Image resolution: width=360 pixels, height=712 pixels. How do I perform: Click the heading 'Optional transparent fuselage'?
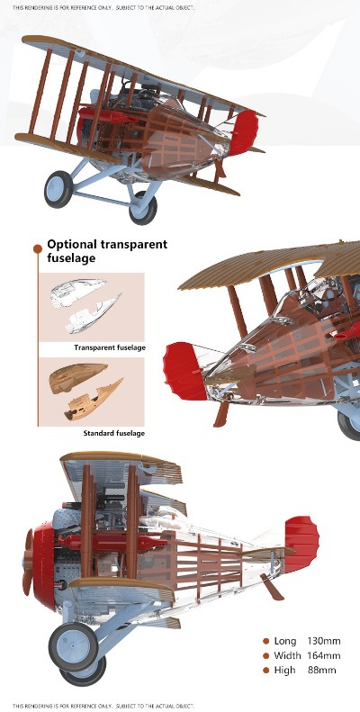click(107, 250)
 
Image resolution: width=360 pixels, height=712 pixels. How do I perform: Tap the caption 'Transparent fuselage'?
click(110, 347)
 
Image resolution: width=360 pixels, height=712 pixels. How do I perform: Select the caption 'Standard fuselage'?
click(114, 433)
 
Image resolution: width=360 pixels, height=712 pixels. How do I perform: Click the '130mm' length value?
click(324, 641)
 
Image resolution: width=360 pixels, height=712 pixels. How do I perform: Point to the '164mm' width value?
click(324, 655)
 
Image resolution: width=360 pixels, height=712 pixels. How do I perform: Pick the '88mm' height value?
click(322, 670)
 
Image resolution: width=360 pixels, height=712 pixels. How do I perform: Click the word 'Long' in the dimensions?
click(284, 641)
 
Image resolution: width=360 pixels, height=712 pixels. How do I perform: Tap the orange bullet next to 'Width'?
click(266, 655)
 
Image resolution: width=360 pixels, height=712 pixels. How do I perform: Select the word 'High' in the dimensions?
click(284, 671)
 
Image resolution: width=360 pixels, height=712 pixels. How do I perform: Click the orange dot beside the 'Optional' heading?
click(38, 248)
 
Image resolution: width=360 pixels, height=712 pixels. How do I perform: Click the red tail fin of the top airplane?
click(244, 132)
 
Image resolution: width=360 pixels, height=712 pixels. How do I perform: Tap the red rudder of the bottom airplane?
click(301, 544)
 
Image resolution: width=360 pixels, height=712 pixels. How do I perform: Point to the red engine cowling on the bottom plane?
click(44, 564)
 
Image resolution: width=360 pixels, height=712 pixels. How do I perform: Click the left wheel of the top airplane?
click(58, 189)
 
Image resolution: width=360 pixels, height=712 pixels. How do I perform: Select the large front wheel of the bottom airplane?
click(74, 646)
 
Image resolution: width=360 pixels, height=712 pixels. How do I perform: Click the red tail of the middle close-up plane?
click(185, 371)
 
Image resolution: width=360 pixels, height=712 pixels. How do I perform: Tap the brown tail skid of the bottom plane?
click(272, 586)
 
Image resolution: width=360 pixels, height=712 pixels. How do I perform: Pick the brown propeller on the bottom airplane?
click(28, 563)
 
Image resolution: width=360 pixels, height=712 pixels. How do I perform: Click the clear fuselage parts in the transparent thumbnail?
click(85, 306)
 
